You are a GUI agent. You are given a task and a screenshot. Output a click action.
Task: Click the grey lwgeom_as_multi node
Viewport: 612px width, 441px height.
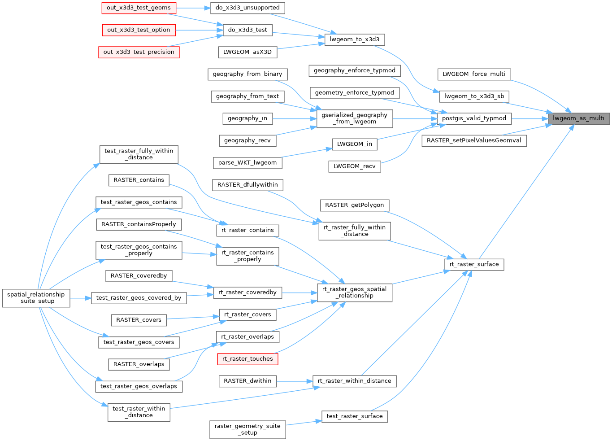point(578,118)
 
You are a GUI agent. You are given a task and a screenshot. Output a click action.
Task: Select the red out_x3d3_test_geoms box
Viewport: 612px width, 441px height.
point(139,8)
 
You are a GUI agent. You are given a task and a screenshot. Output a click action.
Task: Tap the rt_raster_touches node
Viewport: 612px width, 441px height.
point(247,359)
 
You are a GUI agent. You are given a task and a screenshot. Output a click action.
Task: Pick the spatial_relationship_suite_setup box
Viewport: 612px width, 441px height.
point(36,298)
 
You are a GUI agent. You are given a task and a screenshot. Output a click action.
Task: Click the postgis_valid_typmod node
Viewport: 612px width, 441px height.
point(474,118)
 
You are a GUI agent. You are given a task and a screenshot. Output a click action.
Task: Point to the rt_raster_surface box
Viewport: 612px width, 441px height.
point(474,264)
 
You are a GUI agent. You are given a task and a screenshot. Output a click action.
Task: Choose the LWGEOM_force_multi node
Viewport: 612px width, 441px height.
point(473,74)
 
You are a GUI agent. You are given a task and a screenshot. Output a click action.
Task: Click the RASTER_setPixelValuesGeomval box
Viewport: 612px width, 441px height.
point(474,140)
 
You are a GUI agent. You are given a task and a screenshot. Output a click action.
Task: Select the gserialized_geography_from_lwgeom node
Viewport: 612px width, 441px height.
point(354,118)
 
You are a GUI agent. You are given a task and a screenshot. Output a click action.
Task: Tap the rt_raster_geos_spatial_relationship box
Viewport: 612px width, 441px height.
point(354,293)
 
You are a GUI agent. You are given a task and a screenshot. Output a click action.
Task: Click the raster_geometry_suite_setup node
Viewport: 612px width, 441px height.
point(247,429)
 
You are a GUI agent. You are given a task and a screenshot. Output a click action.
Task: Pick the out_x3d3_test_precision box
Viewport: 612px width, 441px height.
point(139,52)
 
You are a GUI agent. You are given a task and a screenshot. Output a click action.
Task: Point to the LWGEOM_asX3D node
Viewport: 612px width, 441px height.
point(247,52)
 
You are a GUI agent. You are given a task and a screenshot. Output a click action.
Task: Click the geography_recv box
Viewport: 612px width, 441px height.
point(247,140)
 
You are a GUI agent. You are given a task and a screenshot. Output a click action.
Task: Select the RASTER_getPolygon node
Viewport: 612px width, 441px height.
point(354,205)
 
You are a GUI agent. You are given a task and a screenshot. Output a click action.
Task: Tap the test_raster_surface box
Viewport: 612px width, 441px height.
point(354,416)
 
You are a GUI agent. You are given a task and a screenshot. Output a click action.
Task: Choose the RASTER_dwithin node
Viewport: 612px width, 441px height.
point(247,381)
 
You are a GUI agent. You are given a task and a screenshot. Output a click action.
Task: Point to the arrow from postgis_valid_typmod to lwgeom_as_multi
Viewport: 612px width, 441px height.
point(529,118)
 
